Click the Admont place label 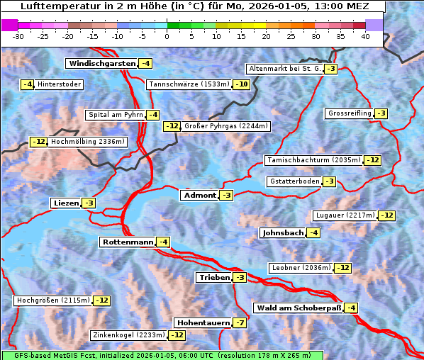tap(199, 195)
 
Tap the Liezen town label tap(66, 203)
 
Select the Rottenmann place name tap(128, 242)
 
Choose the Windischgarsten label tap(101, 63)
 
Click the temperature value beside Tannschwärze tap(242, 84)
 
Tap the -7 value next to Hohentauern tap(241, 322)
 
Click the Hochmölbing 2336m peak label tap(88, 142)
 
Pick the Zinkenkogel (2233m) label tap(128, 334)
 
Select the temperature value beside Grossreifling tap(381, 113)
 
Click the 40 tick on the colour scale tap(365, 35)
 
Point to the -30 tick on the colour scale tap(18, 35)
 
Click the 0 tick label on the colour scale tap(167, 35)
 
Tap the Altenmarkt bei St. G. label tap(284, 69)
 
